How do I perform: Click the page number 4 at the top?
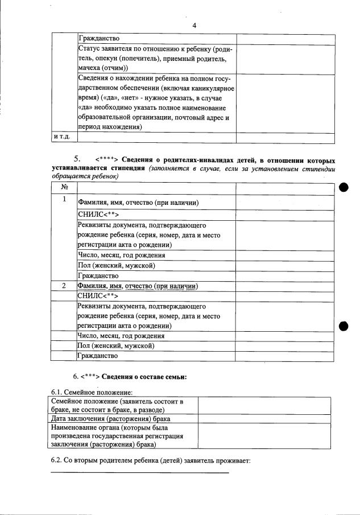[194, 26]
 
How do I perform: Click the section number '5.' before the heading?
[80, 159]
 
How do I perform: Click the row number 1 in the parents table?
[64, 199]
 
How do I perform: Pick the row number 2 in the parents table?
[64, 286]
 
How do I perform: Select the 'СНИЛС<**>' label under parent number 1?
[98, 215]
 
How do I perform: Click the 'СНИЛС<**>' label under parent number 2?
[98, 296]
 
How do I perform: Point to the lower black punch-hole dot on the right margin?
[344, 326]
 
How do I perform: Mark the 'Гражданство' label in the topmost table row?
[98, 38]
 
